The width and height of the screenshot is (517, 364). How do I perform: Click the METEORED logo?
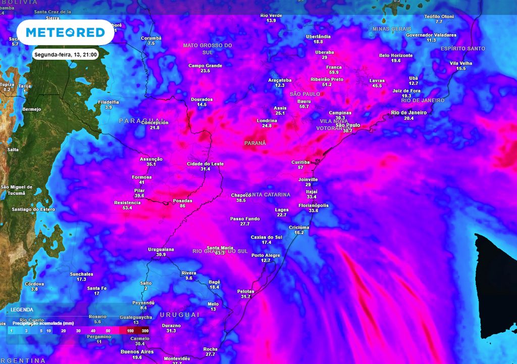pyautogui.click(x=65, y=32)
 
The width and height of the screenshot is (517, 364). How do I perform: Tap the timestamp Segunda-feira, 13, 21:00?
pyautogui.click(x=66, y=54)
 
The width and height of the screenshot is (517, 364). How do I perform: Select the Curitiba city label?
pyautogui.click(x=300, y=162)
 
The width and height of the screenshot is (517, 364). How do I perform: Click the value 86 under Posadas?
pyautogui.click(x=182, y=206)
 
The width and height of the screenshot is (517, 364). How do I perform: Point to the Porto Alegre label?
pyautogui.click(x=266, y=255)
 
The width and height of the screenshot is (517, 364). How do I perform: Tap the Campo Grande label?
pyautogui.click(x=205, y=66)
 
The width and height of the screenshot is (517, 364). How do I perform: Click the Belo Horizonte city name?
pyautogui.click(x=396, y=55)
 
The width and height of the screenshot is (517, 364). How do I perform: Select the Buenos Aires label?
pyautogui.click(x=137, y=351)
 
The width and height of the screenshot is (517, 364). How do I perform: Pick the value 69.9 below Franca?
pyautogui.click(x=334, y=73)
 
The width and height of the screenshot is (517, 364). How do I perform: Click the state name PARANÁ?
pyautogui.click(x=255, y=143)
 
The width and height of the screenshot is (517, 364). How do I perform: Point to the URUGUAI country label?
pyautogui.click(x=180, y=314)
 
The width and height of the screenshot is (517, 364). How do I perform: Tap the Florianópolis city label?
pyautogui.click(x=314, y=205)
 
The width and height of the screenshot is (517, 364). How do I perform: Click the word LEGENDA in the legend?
pyautogui.click(x=22, y=309)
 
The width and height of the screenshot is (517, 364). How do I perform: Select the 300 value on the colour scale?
pyautogui.click(x=145, y=331)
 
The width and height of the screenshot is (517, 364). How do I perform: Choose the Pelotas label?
pyautogui.click(x=245, y=291)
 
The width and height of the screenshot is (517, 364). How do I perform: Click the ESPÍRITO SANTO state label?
pyautogui.click(x=463, y=49)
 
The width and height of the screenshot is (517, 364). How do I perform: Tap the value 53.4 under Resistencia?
pyautogui.click(x=127, y=208)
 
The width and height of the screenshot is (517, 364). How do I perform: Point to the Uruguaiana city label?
pyautogui.click(x=161, y=249)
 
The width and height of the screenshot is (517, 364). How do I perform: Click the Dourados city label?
pyautogui.click(x=202, y=99)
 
